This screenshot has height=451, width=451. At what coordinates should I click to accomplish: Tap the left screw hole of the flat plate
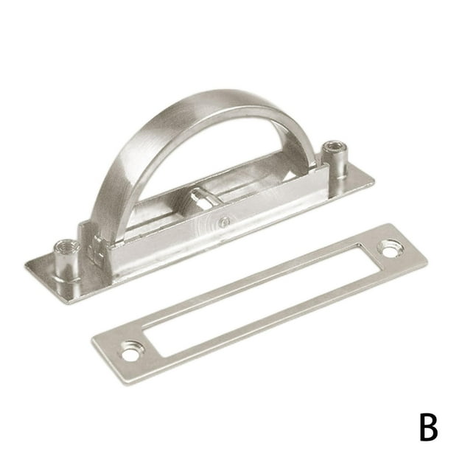130,354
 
